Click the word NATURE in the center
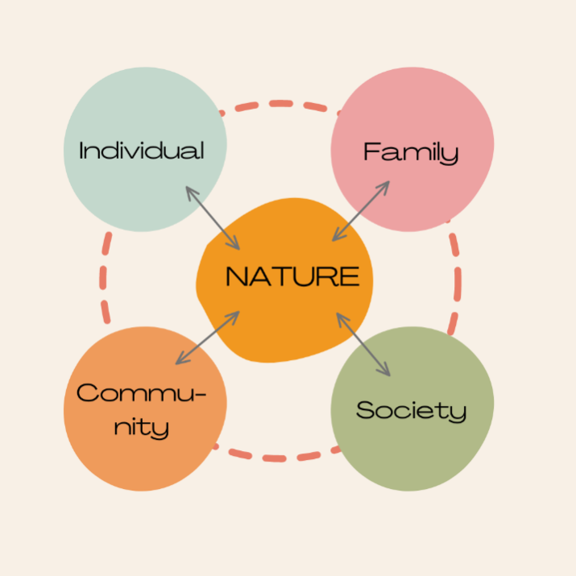pos(292,277)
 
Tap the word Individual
pos(142,151)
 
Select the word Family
pos(411,151)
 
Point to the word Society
pos(411,410)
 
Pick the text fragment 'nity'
pos(141,426)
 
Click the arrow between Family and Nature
pos(361,211)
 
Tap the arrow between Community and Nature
pos(208,338)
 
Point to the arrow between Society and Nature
pos(363,344)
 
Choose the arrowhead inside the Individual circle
pos(190,191)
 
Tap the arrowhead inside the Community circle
pos(180,360)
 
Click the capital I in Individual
pos(82,151)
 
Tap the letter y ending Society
pos(458,413)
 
